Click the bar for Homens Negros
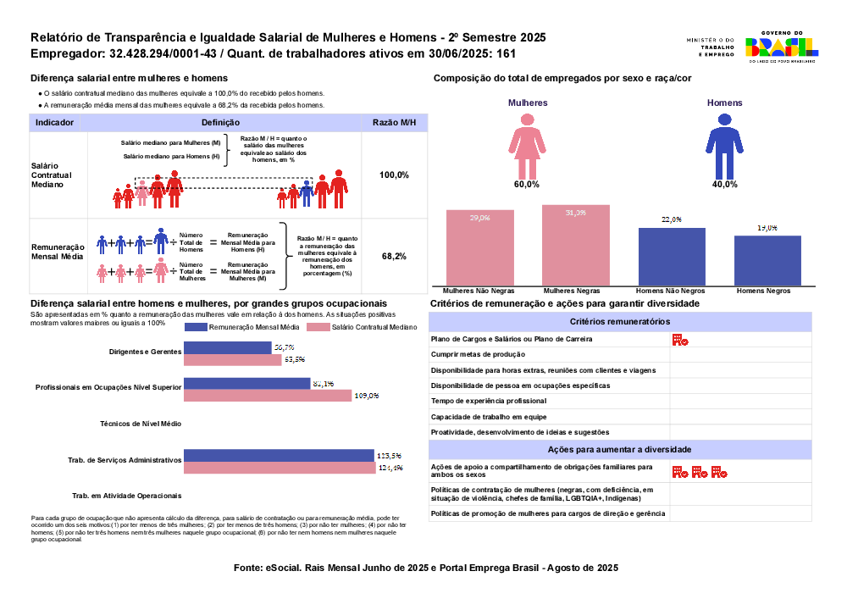point(767,260)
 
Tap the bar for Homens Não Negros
point(672,256)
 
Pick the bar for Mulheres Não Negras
point(480,247)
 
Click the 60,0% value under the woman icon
point(526,184)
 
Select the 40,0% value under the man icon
point(724,184)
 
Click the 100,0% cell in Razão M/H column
point(394,175)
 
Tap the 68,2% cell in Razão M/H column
point(394,256)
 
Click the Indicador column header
point(54,123)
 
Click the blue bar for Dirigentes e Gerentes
point(228,347)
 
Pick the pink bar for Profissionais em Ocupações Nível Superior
point(268,396)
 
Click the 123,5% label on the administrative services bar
point(388,456)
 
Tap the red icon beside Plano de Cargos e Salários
point(679,340)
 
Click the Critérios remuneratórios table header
point(620,322)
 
